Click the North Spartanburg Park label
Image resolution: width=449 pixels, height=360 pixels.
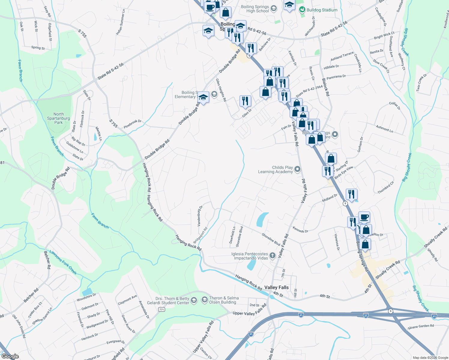click(59, 118)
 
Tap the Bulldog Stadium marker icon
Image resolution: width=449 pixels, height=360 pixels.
click(302, 10)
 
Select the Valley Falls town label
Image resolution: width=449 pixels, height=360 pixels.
click(276, 287)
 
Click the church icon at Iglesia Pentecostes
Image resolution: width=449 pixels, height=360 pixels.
click(272, 256)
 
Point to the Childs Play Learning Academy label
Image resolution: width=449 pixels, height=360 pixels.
click(275, 169)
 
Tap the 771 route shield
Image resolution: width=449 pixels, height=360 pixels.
click(162, 309)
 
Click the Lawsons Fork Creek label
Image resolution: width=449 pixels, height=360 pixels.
click(63, 262)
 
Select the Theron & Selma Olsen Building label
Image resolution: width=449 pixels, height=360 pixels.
click(224, 300)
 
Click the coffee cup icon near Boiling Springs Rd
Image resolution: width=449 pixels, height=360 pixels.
click(364, 217)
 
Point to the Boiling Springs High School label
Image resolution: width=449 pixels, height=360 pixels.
click(255, 9)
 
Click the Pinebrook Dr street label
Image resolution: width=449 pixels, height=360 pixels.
click(132, 124)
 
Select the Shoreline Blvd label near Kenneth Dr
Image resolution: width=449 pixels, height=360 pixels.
click(271, 239)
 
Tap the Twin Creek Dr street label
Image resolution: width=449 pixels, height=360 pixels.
click(421, 83)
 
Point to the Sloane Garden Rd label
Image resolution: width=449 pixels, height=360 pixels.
click(420, 327)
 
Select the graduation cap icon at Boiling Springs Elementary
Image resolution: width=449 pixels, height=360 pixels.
click(203, 97)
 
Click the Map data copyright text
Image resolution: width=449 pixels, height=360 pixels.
click(430, 358)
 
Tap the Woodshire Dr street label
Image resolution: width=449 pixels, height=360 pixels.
click(86, 297)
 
